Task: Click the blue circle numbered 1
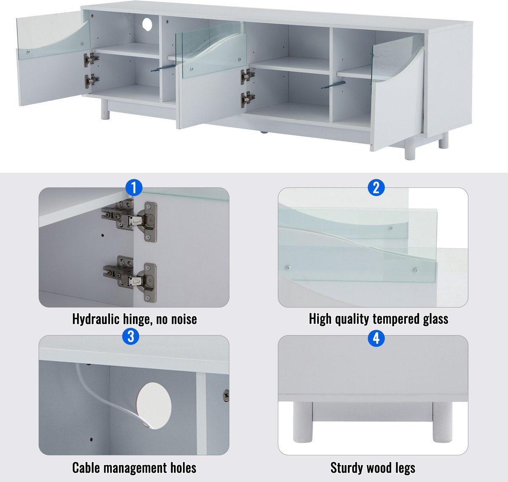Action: point(134,187)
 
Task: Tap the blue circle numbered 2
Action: point(376,187)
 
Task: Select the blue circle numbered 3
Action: point(131,336)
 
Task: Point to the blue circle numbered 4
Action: point(376,338)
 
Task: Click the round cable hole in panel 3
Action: point(154,406)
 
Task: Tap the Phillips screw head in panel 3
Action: point(226,396)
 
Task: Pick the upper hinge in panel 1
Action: point(129,221)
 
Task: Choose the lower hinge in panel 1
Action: point(130,279)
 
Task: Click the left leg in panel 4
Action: point(303,421)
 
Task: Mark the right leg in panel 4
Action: point(442,421)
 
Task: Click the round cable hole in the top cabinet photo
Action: point(147,25)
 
